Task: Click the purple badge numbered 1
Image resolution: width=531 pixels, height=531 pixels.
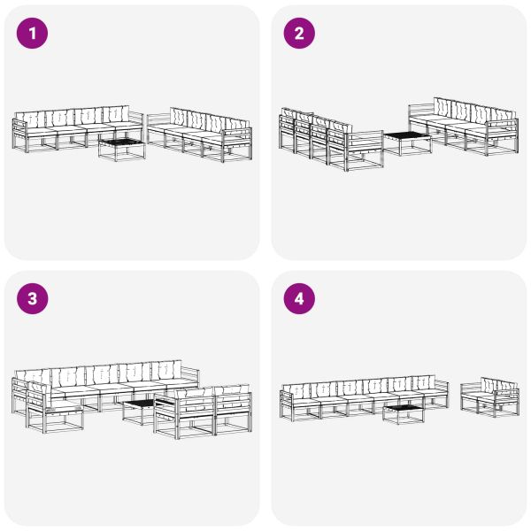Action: point(33,34)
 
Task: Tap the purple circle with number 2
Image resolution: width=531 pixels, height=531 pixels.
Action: point(298,34)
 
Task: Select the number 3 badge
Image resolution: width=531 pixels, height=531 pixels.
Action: point(33,299)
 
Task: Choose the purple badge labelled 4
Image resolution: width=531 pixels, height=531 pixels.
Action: point(298,299)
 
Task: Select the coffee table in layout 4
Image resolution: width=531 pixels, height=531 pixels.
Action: point(404,412)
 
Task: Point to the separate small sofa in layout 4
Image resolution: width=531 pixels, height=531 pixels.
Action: point(489,398)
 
